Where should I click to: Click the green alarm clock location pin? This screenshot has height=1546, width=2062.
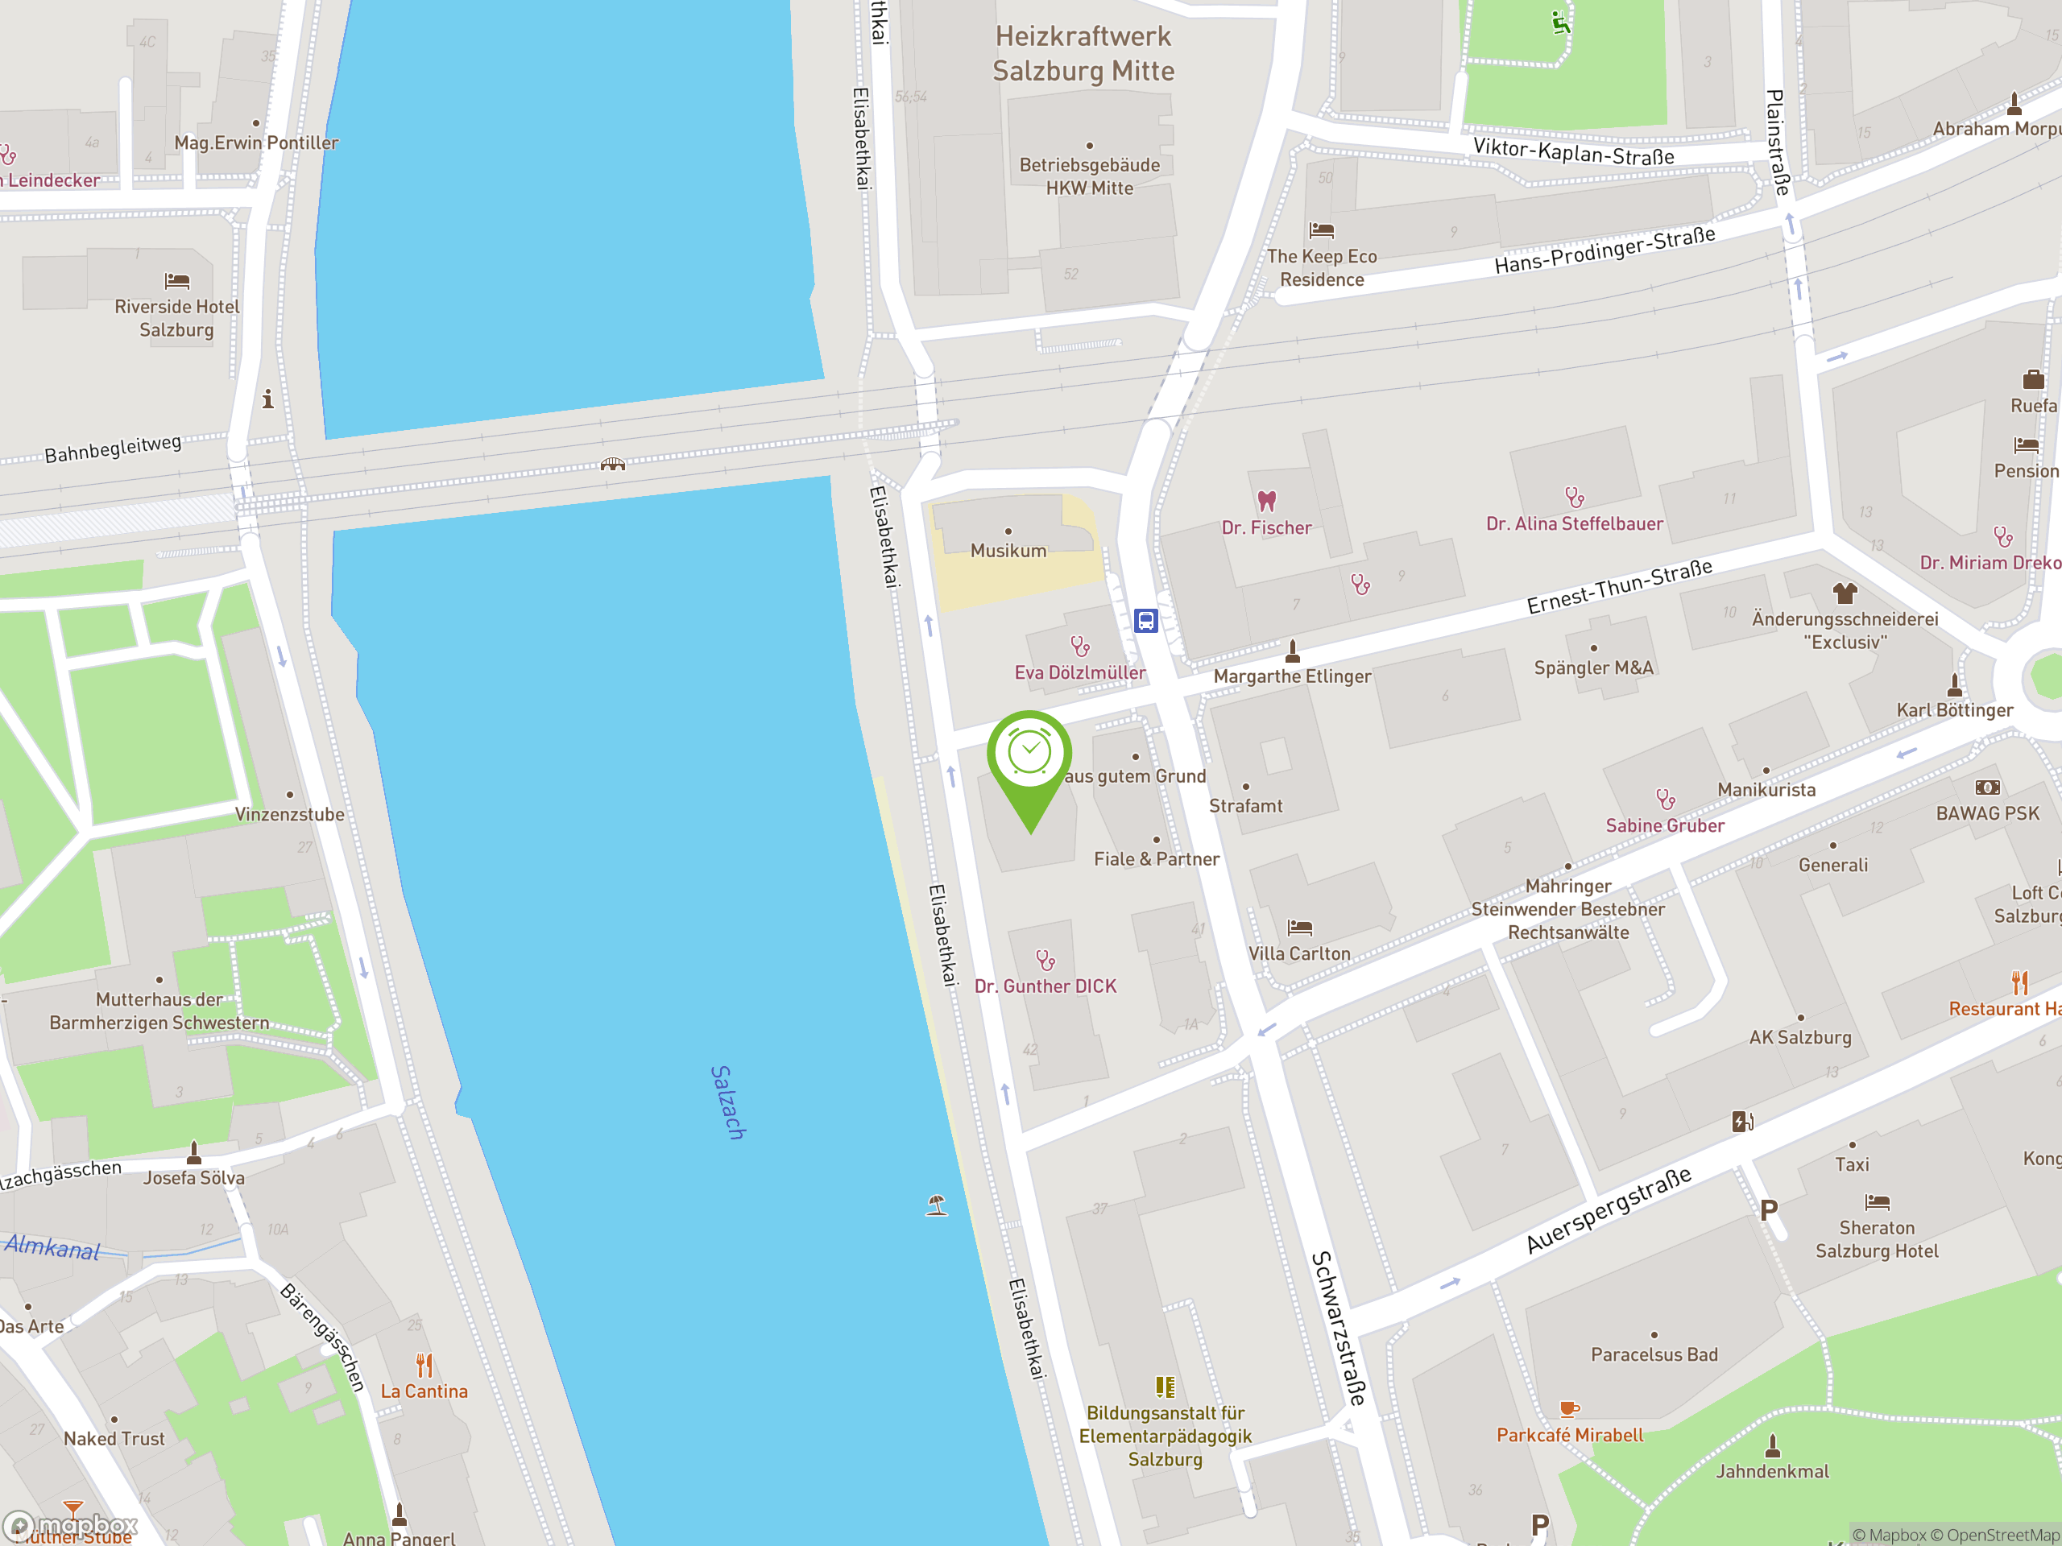(x=1029, y=754)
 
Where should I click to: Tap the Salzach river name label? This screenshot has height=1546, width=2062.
(x=728, y=1102)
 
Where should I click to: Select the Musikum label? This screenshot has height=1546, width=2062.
(x=1008, y=551)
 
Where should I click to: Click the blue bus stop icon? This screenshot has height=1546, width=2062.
(x=1145, y=621)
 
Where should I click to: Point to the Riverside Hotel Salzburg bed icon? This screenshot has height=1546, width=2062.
(x=177, y=280)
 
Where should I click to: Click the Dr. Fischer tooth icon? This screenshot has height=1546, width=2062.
(x=1266, y=502)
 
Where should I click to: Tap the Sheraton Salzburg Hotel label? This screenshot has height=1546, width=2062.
(x=1876, y=1239)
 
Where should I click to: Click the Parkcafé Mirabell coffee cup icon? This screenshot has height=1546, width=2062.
(x=1569, y=1409)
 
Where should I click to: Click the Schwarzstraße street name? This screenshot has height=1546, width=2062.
(x=1339, y=1328)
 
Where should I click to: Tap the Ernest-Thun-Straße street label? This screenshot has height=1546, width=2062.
(x=1619, y=586)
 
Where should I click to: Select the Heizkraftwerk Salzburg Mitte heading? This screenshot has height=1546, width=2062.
(x=1083, y=53)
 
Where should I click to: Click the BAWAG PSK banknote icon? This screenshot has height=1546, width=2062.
(x=1986, y=787)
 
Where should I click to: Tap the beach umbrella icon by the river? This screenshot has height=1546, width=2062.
(x=937, y=1205)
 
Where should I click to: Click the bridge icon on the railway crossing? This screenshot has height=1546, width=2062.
(x=612, y=464)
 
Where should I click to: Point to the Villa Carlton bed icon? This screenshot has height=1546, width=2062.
(x=1298, y=928)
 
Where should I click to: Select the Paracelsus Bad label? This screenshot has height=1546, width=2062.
(x=1654, y=1354)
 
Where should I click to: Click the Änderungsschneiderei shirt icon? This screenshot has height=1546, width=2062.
(x=1844, y=593)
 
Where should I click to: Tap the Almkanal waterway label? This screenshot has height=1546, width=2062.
(x=52, y=1246)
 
